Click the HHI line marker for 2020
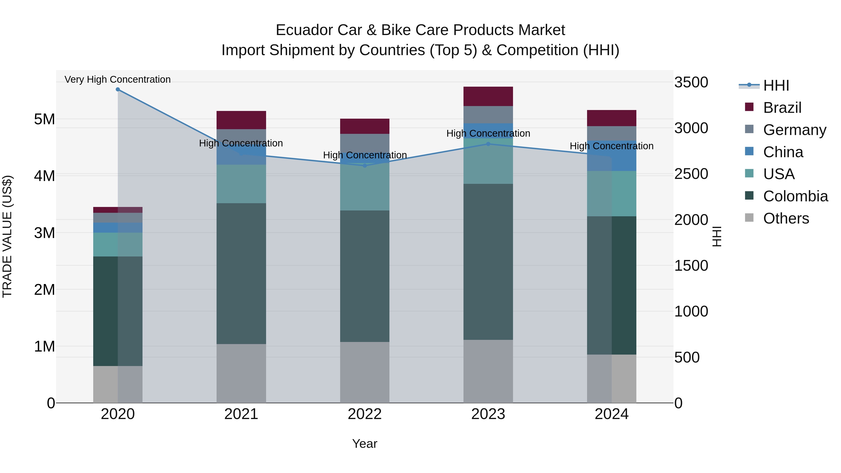coord(118,89)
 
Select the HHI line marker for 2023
coord(488,144)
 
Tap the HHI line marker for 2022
coord(365,166)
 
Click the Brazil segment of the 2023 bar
coord(488,96)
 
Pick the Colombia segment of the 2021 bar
coord(241,274)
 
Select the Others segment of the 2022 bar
coord(365,372)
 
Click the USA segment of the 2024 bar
coord(612,194)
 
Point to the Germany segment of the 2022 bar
coord(365,143)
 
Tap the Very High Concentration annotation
coord(118,79)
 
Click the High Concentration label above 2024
coord(612,146)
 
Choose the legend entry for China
coord(783,152)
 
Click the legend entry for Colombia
coord(795,196)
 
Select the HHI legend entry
coord(776,85)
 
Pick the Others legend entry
coord(786,218)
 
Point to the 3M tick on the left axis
coord(44,233)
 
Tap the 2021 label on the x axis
coord(241,414)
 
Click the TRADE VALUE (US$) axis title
coord(7,236)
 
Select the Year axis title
coord(365,444)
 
